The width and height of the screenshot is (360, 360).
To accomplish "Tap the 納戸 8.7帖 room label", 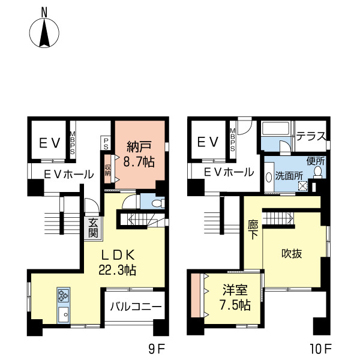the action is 139,154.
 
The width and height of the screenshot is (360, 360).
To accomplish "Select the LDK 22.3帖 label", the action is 118,262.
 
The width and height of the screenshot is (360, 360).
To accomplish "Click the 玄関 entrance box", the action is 93,228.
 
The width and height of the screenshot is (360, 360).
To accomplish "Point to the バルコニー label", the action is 136,307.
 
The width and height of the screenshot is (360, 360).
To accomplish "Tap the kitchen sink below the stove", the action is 64,314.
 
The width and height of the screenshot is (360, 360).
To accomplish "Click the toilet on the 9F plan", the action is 158,203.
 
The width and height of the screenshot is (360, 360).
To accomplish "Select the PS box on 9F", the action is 106,143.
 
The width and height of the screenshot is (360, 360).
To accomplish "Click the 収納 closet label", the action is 107,169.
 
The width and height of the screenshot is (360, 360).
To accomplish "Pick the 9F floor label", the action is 157,350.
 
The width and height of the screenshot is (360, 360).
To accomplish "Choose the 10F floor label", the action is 321,350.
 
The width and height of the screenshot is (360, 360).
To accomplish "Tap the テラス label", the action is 311,136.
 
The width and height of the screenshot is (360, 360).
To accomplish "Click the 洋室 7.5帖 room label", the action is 235,298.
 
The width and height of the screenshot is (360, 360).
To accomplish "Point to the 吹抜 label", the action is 292,254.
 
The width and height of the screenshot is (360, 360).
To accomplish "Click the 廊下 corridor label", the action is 253,230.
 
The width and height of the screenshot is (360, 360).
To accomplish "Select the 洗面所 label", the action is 289,176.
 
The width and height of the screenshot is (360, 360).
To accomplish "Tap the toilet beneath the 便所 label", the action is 318,172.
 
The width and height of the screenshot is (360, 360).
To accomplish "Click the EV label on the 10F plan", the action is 208,142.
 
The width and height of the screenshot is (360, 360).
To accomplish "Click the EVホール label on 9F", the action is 68,175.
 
